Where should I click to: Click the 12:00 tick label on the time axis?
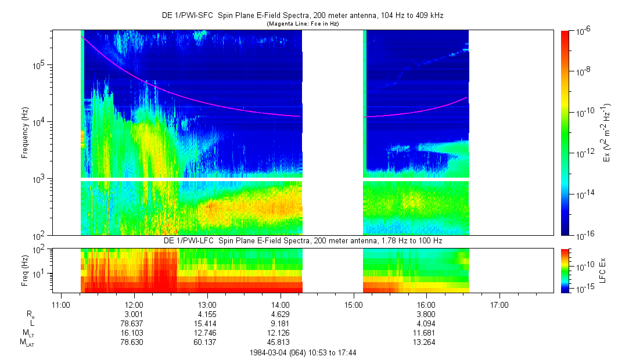click(x=134, y=304)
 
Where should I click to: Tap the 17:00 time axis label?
click(x=499, y=304)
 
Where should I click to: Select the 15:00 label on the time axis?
click(x=354, y=304)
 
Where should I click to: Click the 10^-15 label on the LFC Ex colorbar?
click(x=584, y=289)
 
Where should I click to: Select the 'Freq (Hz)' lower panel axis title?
click(x=25, y=270)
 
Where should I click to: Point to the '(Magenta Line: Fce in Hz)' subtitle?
click(x=303, y=24)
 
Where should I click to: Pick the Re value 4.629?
click(x=281, y=314)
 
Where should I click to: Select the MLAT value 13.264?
click(x=426, y=342)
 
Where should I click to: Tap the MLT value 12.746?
click(x=207, y=333)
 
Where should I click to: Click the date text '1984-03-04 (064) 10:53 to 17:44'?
click(x=303, y=352)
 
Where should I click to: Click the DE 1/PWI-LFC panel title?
click(x=303, y=240)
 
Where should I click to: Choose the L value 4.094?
click(x=426, y=323)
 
